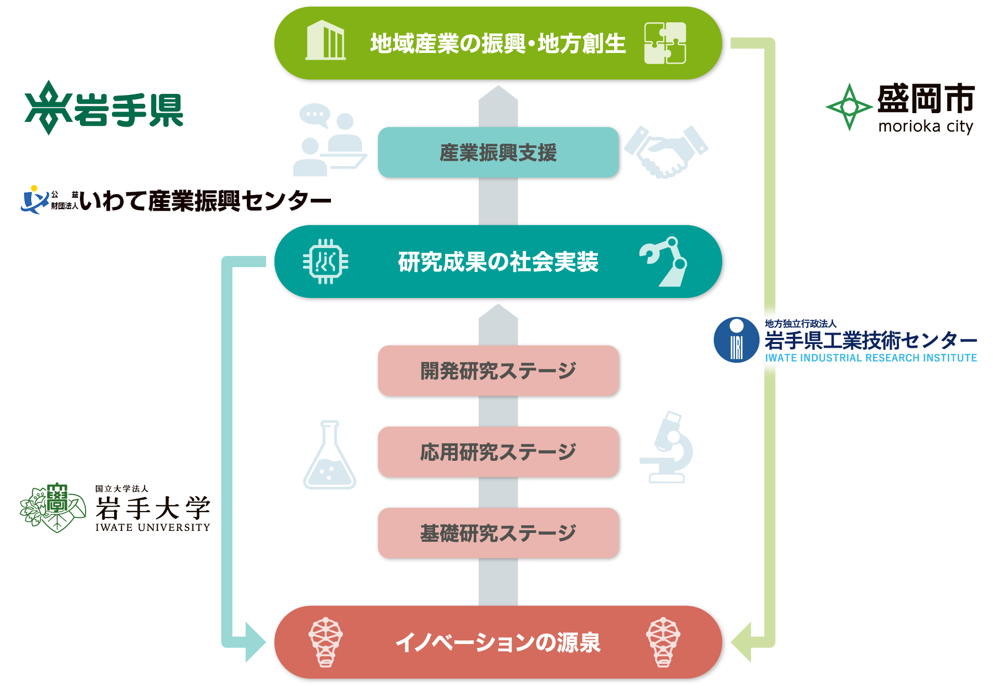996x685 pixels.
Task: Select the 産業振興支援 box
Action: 497,153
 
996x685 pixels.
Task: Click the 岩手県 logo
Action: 104,108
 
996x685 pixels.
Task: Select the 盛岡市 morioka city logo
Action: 900,107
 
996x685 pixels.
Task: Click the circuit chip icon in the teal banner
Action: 325,262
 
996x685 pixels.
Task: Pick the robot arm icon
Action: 666,262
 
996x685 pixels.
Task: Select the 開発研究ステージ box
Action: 497,371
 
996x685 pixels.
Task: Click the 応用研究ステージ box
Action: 497,452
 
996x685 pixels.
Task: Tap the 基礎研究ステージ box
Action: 497,533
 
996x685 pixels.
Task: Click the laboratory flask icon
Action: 329,457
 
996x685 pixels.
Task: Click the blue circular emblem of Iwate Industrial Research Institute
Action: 736,340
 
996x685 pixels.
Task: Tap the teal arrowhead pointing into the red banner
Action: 254,642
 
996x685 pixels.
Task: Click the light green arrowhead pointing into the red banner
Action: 742,642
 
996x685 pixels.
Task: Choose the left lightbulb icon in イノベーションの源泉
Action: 325,642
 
